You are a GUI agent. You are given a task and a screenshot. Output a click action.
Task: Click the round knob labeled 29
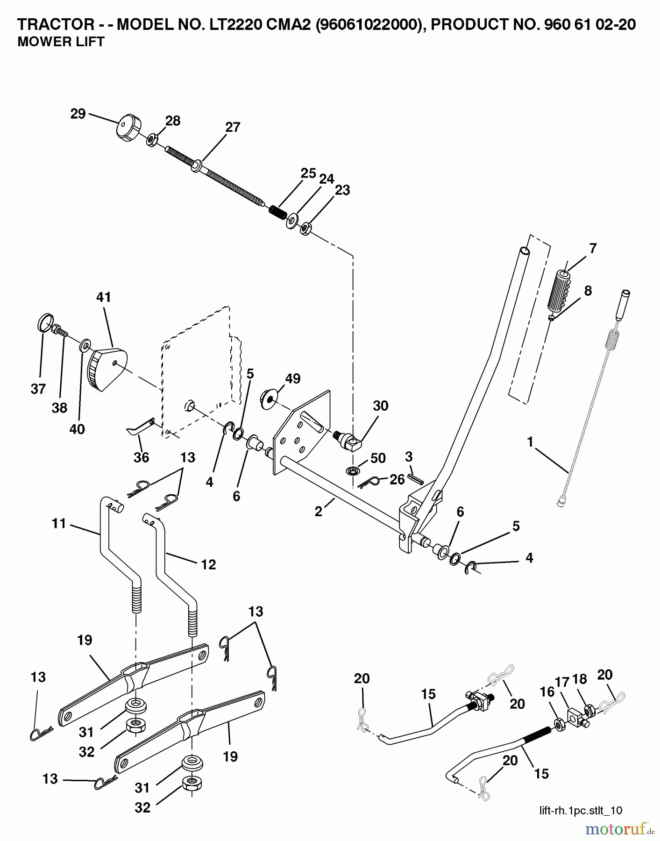tap(126, 128)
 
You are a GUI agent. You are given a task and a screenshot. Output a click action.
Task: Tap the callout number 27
tap(232, 127)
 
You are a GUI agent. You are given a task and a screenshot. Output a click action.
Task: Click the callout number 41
tap(104, 297)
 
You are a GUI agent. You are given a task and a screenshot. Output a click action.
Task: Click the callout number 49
tap(293, 378)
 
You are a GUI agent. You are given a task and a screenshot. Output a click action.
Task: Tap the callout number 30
tap(381, 406)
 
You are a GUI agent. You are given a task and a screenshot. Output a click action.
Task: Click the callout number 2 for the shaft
tap(319, 512)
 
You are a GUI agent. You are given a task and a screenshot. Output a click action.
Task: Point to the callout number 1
tap(530, 442)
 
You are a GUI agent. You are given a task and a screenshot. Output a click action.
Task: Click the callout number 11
tap(59, 523)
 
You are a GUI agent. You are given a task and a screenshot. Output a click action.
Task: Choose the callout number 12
tap(208, 564)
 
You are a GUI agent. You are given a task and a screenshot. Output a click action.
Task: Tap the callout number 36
tap(141, 457)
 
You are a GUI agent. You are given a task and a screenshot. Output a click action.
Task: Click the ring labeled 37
tap(43, 322)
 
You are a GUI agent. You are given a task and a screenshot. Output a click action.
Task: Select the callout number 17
tap(562, 683)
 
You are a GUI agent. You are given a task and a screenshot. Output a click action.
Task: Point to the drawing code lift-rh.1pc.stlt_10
tap(581, 810)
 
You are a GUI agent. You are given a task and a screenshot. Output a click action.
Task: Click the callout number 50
tap(377, 458)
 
